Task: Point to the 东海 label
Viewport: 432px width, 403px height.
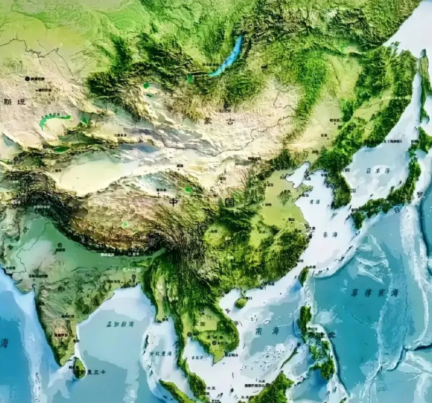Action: [330, 234]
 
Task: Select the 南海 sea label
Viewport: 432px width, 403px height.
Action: [266, 331]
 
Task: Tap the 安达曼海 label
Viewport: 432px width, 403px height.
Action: [160, 353]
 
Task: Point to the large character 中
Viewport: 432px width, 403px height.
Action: [174, 202]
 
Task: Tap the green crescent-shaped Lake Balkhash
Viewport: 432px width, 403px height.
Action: [53, 119]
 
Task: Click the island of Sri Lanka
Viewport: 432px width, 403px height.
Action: [79, 368]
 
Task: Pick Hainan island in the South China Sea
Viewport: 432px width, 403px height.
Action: [242, 302]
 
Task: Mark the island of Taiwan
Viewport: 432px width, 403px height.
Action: [304, 275]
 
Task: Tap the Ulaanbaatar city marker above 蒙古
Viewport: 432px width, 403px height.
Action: [226, 106]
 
